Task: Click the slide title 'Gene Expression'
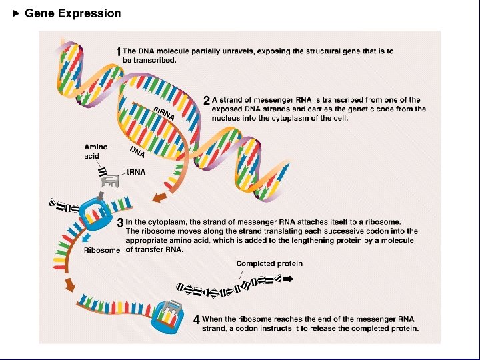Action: pos(73,13)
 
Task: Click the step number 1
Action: pos(119,51)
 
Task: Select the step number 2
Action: pos(207,101)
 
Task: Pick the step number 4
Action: pos(197,320)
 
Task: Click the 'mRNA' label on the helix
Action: pos(164,113)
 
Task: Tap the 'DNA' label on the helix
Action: pos(138,153)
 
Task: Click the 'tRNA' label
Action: pos(136,172)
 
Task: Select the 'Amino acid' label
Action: pos(95,151)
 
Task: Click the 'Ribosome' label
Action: pos(102,251)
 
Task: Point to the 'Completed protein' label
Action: pos(269,263)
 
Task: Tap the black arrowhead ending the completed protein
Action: pos(288,280)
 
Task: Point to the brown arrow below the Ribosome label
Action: pos(69,285)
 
